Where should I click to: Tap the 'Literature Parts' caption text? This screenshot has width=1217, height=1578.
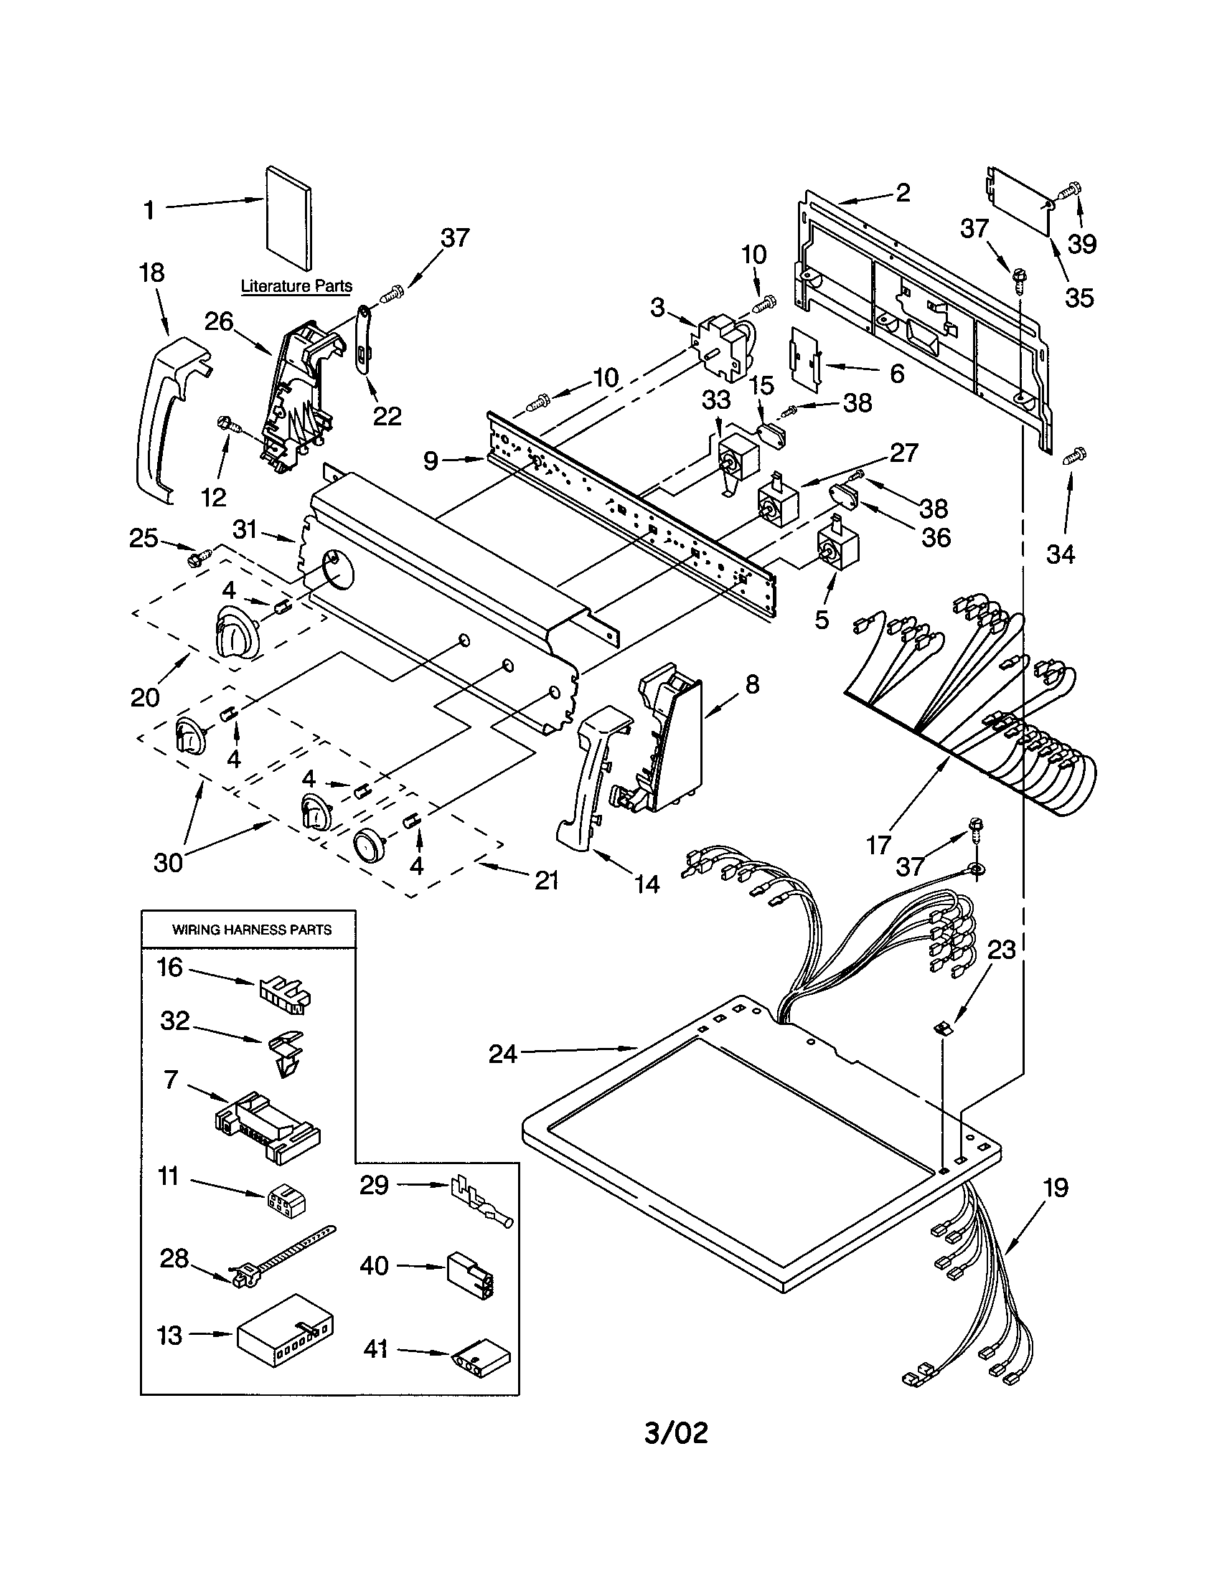[x=296, y=286]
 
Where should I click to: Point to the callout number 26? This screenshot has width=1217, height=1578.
[x=218, y=321]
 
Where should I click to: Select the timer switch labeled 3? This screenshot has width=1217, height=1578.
[x=723, y=347]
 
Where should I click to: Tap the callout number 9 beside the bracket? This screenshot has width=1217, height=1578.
[x=431, y=461]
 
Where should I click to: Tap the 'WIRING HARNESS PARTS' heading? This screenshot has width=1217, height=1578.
[x=251, y=930]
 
